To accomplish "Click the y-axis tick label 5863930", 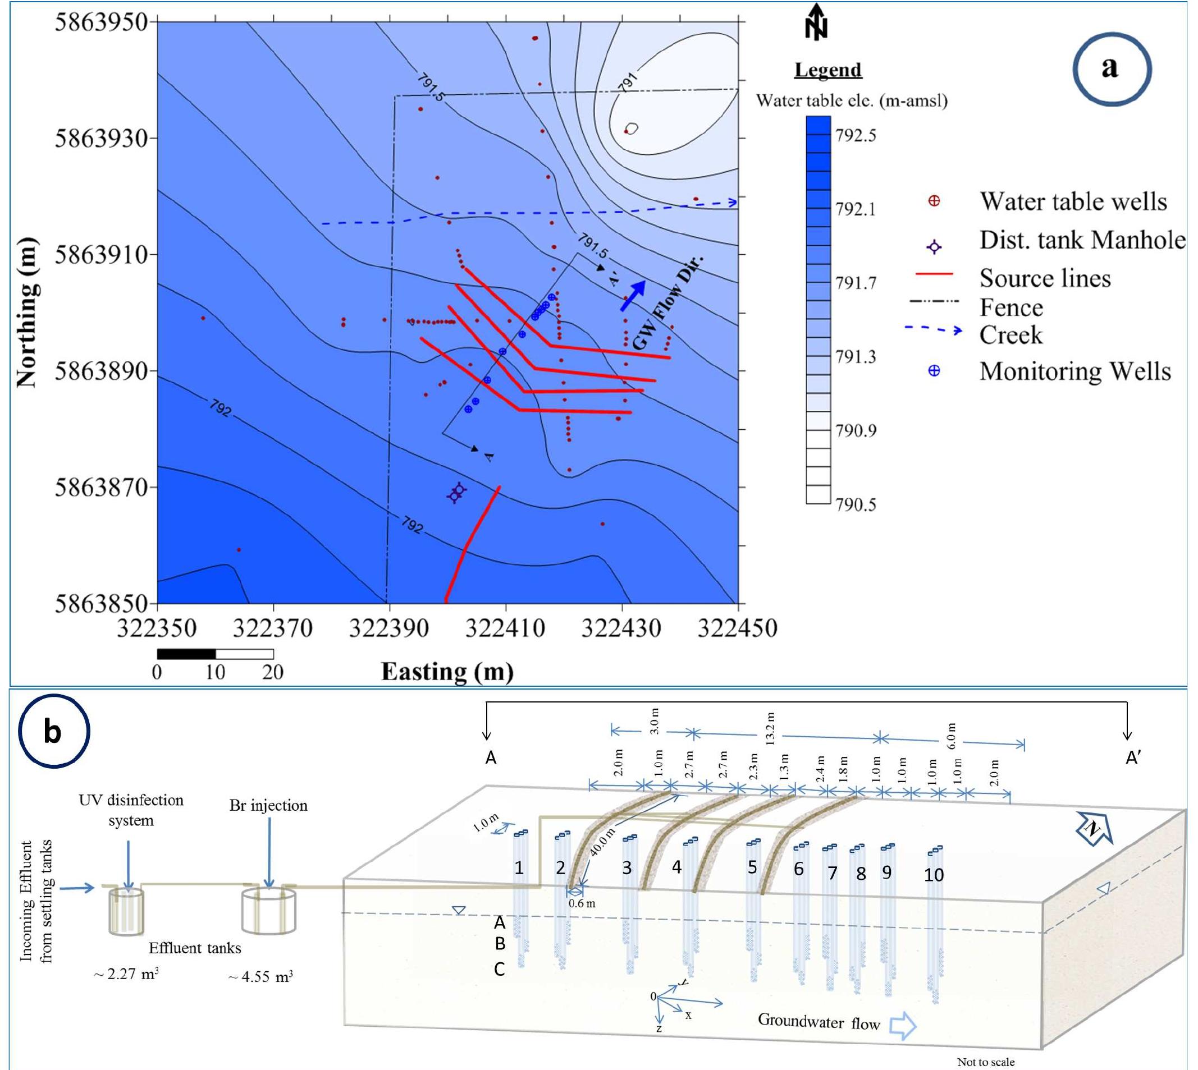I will [100, 139].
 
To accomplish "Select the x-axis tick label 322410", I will [505, 628].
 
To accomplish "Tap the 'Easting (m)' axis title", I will [447, 672].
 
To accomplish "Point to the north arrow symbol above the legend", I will [816, 22].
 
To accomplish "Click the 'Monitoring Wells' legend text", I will [1074, 371].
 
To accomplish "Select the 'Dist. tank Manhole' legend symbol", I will [934, 247].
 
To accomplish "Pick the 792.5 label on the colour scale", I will [856, 136].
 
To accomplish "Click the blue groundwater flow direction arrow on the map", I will [633, 295].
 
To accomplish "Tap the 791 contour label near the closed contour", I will [628, 83].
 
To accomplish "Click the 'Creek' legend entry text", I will [1010, 335].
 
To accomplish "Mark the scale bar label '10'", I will [214, 672].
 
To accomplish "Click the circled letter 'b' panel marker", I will [53, 732].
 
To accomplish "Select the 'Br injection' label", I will [268, 805].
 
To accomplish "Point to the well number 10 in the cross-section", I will [934, 875].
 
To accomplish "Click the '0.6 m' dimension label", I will [582, 903].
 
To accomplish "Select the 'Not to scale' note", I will [986, 1062].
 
